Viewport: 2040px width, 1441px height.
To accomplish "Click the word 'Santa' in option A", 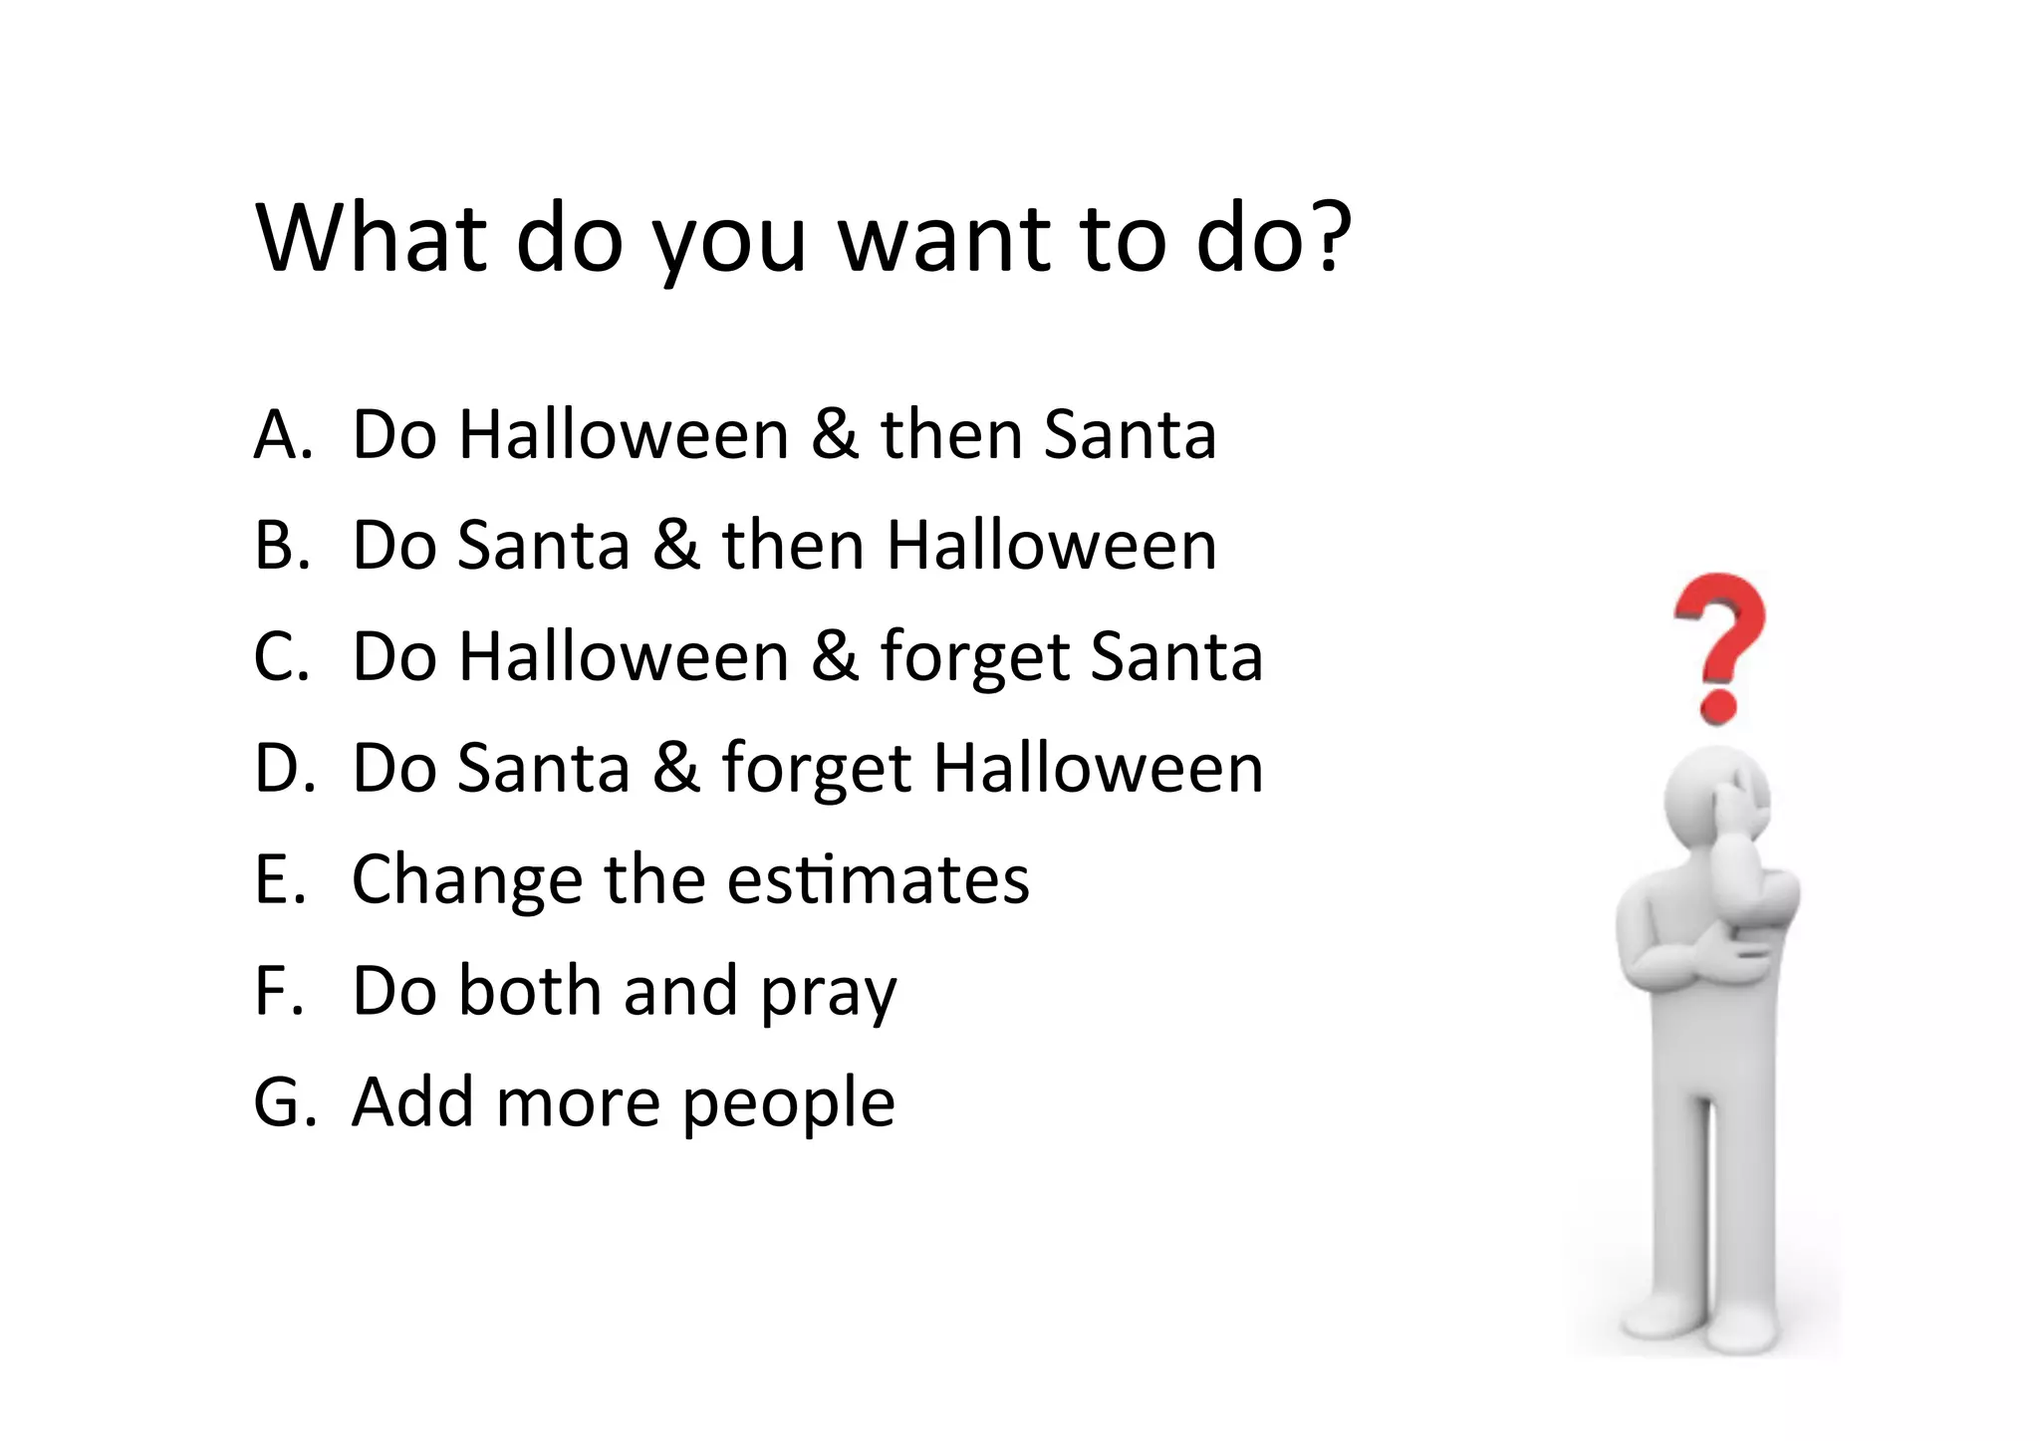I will (1130, 435).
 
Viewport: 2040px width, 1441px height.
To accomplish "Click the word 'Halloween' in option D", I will (1098, 769).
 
